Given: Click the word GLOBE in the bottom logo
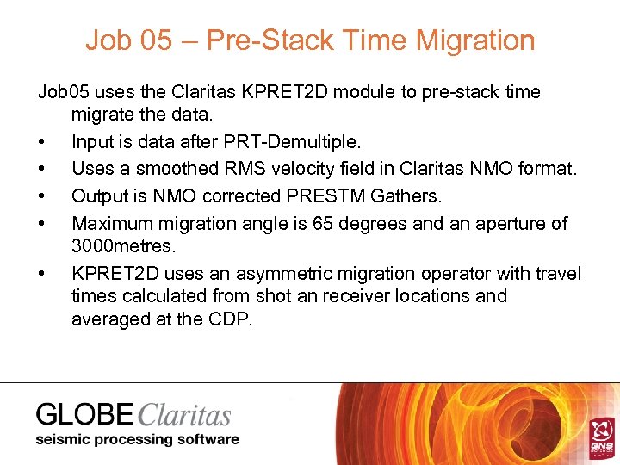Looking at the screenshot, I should [x=84, y=415].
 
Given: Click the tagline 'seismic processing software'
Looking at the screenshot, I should [x=137, y=439].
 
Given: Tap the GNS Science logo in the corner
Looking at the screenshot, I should [x=600, y=436].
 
